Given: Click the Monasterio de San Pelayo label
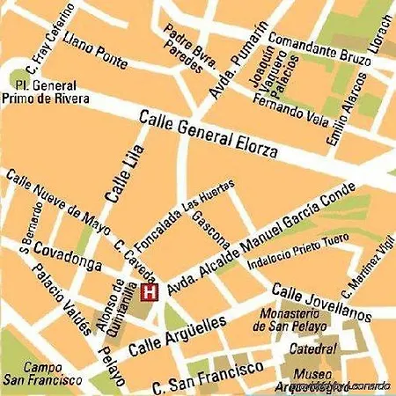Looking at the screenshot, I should pyautogui.click(x=291, y=320).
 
